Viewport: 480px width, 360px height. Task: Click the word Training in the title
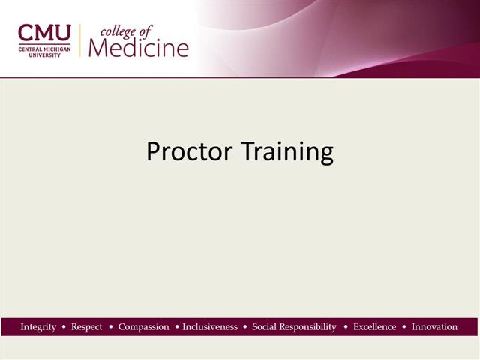[x=287, y=153]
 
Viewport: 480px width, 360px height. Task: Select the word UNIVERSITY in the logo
[x=45, y=54]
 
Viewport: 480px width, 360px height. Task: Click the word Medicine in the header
[x=139, y=47]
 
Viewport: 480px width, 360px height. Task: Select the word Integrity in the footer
[x=38, y=327]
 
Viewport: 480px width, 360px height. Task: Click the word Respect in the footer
[x=87, y=327]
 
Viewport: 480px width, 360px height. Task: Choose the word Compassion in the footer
[x=144, y=327]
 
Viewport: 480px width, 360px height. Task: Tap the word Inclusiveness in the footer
[x=210, y=327]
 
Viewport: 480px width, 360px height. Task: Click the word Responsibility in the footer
[x=309, y=327]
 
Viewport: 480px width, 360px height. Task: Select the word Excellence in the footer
[x=374, y=327]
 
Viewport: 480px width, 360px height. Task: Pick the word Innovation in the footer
[x=434, y=327]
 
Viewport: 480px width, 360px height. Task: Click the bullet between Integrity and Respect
[x=64, y=327]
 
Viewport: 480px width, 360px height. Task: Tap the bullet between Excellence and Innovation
[x=403, y=327]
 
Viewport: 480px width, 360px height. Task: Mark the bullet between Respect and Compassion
[x=111, y=327]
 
